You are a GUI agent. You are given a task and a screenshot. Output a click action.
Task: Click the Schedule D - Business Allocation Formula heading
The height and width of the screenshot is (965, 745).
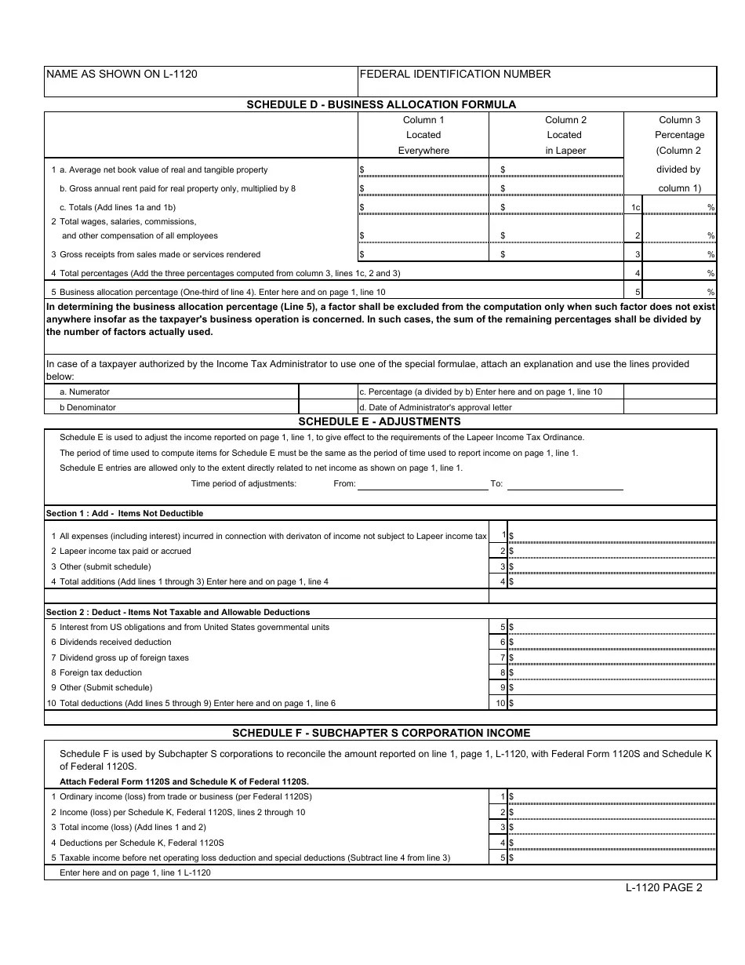click(381, 104)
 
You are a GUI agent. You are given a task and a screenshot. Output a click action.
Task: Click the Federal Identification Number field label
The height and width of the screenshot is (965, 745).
click(455, 74)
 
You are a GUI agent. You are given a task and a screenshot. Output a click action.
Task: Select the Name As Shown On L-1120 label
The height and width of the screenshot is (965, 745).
click(122, 74)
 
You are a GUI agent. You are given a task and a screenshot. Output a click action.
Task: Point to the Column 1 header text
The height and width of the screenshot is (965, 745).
click(423, 120)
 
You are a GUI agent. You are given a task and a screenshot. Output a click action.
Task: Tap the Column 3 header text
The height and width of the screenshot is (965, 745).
click(680, 120)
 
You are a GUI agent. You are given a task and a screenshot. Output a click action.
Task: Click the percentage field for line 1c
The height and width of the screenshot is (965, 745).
click(678, 207)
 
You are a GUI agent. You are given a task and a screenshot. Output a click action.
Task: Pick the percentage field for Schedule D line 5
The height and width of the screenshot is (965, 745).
click(678, 291)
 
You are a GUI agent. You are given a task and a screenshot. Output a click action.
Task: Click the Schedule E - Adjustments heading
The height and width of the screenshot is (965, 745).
click(381, 421)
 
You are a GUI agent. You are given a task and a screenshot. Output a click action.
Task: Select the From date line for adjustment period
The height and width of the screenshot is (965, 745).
click(423, 484)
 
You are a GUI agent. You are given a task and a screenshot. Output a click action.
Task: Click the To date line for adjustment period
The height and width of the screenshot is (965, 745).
click(565, 484)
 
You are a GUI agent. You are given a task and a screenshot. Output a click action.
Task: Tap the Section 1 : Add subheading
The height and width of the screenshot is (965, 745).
click(125, 513)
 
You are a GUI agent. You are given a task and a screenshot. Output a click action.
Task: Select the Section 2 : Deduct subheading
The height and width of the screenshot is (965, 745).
click(178, 612)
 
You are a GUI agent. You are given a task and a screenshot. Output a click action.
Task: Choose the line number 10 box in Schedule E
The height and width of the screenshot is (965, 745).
click(500, 703)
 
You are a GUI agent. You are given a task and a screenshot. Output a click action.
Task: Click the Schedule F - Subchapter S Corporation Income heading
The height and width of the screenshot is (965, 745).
click(381, 733)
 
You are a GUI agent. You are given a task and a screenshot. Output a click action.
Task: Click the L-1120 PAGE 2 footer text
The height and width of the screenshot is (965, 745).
click(663, 888)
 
